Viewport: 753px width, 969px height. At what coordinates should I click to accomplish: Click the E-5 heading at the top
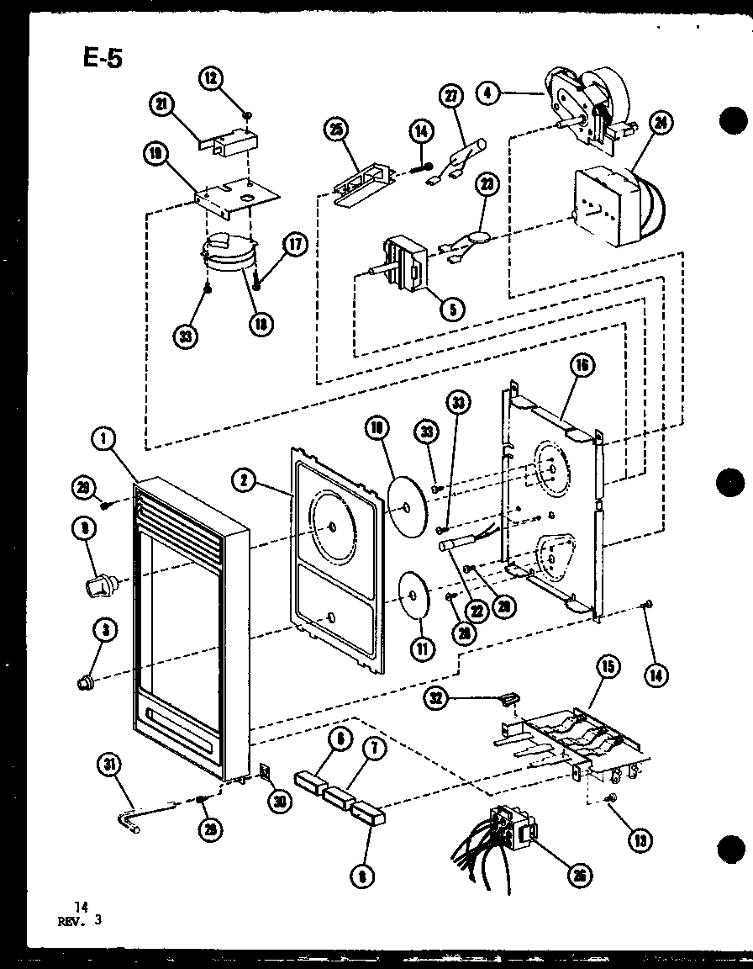click(101, 60)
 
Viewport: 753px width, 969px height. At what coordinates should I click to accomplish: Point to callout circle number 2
click(244, 480)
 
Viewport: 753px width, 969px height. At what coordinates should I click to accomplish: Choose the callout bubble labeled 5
click(452, 310)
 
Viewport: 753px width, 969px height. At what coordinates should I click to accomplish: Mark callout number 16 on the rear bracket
click(582, 364)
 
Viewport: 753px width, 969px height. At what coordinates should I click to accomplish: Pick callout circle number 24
click(662, 124)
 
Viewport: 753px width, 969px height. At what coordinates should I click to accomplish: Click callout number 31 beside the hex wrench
click(110, 765)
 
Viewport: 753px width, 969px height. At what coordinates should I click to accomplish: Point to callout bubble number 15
click(608, 667)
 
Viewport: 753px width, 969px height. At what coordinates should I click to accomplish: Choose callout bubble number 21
click(160, 104)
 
